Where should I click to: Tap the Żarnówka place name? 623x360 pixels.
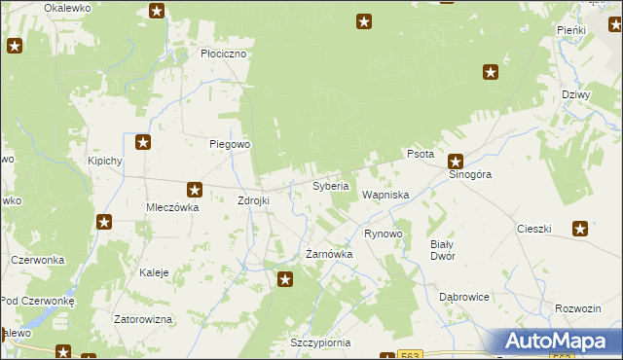tap(329, 254)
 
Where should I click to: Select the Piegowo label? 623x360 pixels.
tap(231, 144)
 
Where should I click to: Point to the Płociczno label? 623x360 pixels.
tap(225, 54)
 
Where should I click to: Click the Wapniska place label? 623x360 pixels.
tap(385, 196)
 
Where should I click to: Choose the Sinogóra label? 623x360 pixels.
tap(470, 175)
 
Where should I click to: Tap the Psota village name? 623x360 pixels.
tap(420, 155)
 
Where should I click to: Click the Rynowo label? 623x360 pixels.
tap(383, 234)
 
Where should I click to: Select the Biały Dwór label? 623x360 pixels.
tap(442, 250)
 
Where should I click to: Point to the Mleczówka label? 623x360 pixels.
tap(172, 207)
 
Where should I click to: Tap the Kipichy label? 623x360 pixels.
tap(104, 161)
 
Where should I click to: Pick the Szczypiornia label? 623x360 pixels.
tap(319, 343)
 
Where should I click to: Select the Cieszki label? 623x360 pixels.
tap(534, 230)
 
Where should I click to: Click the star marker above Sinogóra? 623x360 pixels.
tap(455, 162)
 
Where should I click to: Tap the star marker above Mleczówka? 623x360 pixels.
tap(195, 190)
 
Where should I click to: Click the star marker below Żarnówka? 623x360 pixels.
tap(285, 280)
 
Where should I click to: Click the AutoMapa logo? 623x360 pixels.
tap(559, 342)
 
